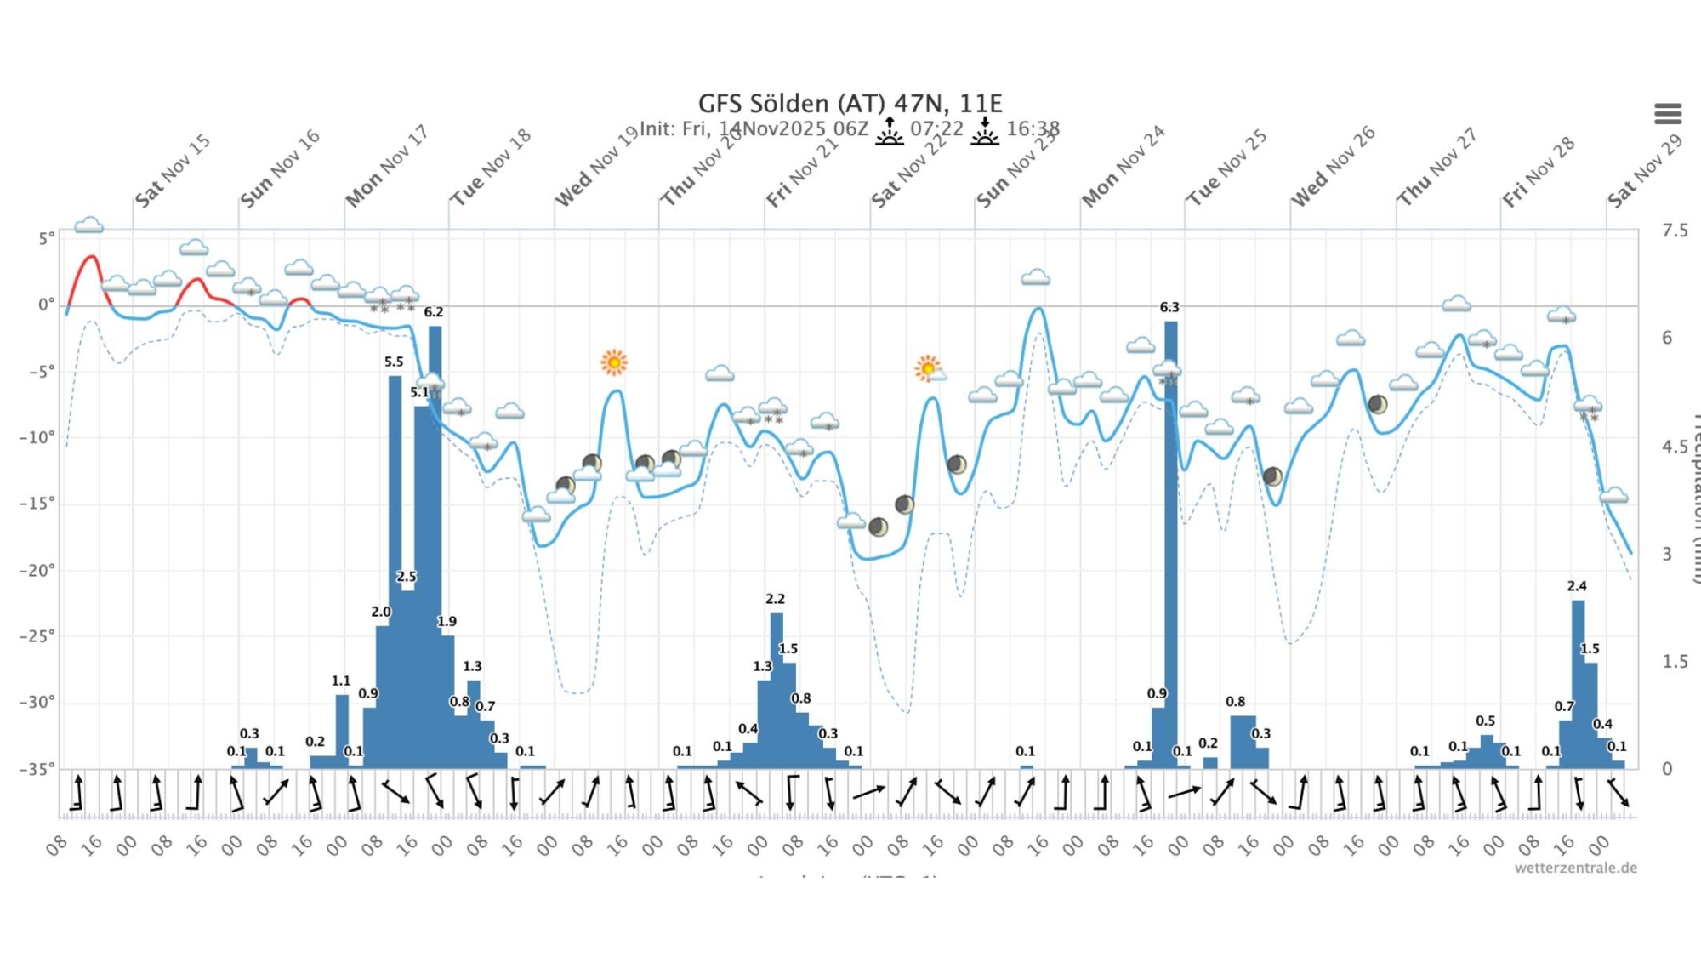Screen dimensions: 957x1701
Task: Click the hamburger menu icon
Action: coord(1667,113)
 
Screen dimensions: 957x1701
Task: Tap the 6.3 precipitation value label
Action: coord(1169,307)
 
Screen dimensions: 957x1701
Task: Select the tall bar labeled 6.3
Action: coord(1171,544)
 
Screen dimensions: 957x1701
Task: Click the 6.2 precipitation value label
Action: coord(434,312)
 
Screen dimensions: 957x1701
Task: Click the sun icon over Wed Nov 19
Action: coord(613,362)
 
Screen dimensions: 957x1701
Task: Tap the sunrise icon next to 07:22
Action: coord(890,131)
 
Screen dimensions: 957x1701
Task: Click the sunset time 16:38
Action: coord(1033,129)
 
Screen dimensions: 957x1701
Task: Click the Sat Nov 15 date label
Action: coord(173,170)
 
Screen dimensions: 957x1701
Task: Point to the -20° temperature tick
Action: coord(37,570)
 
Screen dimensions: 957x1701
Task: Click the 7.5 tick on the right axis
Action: coord(1675,231)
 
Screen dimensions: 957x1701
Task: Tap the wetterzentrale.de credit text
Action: coord(1575,868)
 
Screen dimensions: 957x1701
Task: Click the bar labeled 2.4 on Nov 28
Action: coord(1578,681)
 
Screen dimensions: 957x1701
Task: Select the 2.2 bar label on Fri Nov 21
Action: coord(775,599)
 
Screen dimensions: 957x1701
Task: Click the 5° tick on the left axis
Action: coord(46,239)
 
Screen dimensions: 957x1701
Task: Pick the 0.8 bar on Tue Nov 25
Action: coord(1242,740)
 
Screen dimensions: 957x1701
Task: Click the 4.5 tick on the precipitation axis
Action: coord(1674,447)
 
